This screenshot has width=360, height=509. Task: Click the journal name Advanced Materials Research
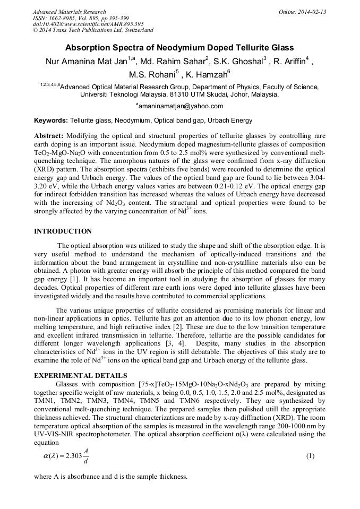[x=69, y=12]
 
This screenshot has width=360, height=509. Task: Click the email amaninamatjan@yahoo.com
[x=180, y=106]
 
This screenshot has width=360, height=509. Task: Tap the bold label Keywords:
[x=51, y=121]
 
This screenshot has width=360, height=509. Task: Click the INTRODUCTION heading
[x=63, y=231]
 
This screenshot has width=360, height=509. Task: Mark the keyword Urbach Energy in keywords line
[x=230, y=121]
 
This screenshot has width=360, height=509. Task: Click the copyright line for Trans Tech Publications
[x=93, y=31]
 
